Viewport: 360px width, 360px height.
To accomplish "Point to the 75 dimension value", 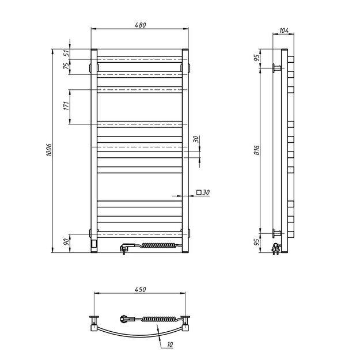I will pos(66,66).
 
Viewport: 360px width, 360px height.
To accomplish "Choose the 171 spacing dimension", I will pos(66,105).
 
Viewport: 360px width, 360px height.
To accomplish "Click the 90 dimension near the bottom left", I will pos(66,242).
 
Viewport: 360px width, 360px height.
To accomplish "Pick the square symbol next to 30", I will pos(199,192).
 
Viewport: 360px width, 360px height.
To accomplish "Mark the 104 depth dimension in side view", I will pos(283,30).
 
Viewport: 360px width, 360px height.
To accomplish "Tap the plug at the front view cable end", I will pos(125,248).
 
